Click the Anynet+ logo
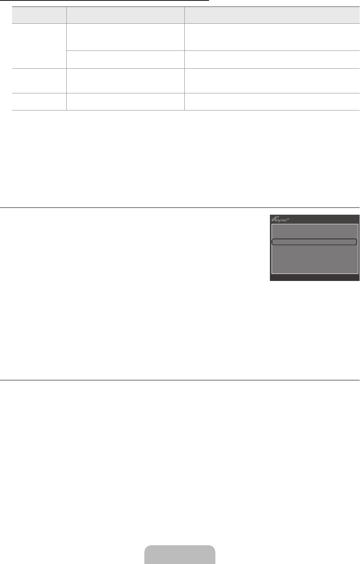[280, 219]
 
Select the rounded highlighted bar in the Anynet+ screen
[314, 242]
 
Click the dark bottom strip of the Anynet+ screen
[315, 277]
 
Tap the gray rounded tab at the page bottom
[180, 554]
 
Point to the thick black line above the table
[104, 0]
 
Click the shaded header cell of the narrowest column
[39, 15]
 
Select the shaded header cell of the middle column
[126, 15]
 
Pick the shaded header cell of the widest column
[272, 15]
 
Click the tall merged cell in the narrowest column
[39, 46]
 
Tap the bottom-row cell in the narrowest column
[39, 102]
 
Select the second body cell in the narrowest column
[39, 81]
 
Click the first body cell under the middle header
[126, 37]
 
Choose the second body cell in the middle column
[126, 60]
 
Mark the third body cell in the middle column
[126, 81]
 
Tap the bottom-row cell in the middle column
[126, 102]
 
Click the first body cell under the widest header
[272, 37]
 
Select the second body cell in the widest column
[272, 60]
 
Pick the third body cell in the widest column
[272, 81]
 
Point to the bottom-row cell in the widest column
[272, 102]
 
